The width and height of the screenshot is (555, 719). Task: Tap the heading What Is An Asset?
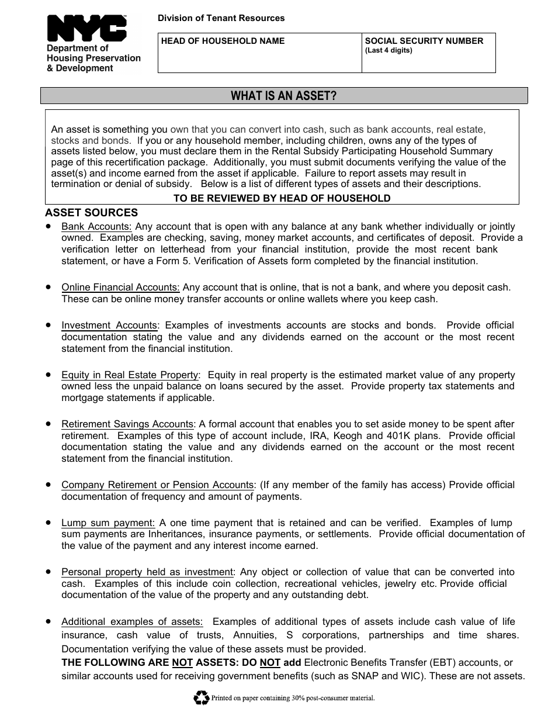[284, 96]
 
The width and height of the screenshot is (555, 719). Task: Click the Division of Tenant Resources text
[221, 18]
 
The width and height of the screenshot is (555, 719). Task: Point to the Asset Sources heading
[91, 213]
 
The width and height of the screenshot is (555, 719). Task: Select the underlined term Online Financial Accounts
[120, 288]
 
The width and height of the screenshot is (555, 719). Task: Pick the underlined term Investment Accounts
[109, 326]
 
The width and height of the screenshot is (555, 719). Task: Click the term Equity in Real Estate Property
[130, 375]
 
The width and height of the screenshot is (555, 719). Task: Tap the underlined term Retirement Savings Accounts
[127, 424]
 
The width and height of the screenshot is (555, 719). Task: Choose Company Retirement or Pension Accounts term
[157, 485]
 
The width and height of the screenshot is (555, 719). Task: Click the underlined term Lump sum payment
[108, 523]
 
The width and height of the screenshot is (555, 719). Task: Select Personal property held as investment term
[147, 572]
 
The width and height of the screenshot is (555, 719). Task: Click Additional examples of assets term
[132, 622]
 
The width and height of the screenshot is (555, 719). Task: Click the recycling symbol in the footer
[201, 697]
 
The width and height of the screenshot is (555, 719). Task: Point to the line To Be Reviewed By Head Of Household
[282, 198]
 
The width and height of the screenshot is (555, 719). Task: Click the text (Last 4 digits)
[388, 50]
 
